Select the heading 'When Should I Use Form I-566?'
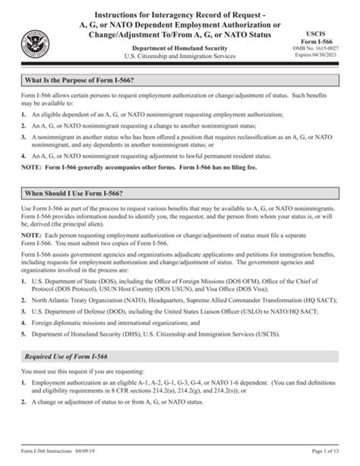77,194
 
